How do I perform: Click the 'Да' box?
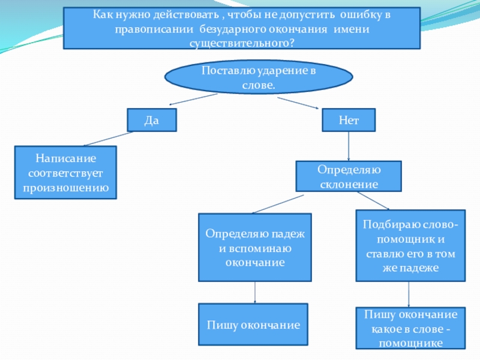[152, 119]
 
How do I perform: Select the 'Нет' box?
[349, 119]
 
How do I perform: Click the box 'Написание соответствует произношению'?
[65, 173]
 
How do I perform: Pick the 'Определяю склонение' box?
[349, 176]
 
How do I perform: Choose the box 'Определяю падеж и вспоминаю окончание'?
[255, 247]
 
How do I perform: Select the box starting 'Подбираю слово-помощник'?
[410, 245]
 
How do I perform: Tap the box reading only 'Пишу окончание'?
[253, 325]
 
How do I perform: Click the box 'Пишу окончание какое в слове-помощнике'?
[410, 328]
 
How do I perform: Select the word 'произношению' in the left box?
[65, 187]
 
